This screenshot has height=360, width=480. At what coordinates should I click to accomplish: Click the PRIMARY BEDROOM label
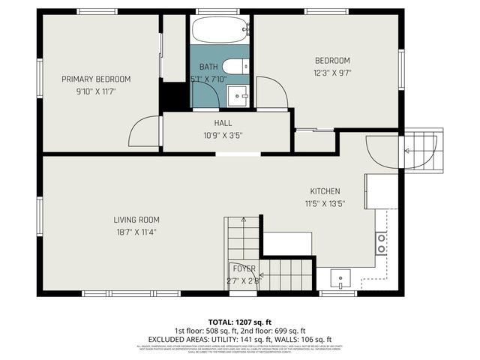point(96,79)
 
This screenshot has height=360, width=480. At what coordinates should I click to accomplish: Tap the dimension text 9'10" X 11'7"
point(96,91)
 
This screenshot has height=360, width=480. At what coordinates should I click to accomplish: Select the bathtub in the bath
point(219,31)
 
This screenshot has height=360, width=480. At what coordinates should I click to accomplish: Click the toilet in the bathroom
point(235,67)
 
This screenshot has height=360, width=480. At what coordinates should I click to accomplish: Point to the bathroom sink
point(238,96)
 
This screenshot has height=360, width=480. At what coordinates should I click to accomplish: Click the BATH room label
point(208,67)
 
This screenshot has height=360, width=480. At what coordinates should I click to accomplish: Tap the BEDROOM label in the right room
point(331,61)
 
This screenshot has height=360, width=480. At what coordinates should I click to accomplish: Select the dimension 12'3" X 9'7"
point(331,73)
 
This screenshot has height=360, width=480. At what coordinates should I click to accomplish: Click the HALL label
point(223,123)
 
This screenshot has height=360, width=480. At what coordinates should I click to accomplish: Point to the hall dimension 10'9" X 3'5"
point(223,136)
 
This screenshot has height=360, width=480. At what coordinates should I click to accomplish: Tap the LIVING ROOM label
point(136,220)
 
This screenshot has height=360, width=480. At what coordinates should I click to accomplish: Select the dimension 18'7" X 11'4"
point(136,232)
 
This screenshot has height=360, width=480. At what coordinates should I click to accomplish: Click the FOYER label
point(244,268)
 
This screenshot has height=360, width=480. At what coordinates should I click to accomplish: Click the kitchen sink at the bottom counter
point(340,278)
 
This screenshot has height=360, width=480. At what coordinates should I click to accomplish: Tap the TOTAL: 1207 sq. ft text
point(240,321)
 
